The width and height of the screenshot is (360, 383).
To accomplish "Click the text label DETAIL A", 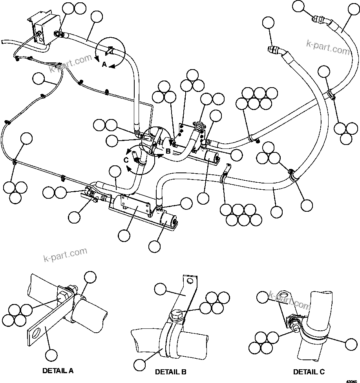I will (x=57, y=370).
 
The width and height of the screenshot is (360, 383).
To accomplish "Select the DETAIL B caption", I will (x=170, y=372).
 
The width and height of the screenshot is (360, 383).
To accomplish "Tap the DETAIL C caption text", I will (x=309, y=372).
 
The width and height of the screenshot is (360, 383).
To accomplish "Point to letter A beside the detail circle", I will (x=104, y=65).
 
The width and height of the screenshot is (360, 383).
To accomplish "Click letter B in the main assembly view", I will (x=168, y=151).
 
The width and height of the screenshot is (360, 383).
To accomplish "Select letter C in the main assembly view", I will (x=126, y=160).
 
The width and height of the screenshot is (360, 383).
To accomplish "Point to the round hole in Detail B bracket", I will (x=190, y=281).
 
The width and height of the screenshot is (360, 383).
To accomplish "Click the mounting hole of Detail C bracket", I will (x=285, y=295).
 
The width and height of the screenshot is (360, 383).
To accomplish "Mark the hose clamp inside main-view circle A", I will (x=109, y=51).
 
